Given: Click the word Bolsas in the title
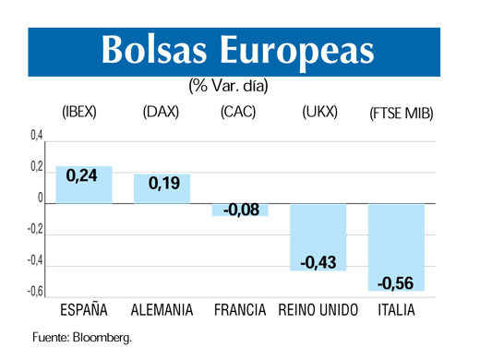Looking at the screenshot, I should click(154, 51).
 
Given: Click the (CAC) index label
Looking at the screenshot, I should click(239, 114).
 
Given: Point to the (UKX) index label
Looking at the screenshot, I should click(319, 114).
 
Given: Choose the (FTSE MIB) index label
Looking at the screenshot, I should click(402, 114).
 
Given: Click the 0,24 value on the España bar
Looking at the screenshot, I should click(82, 177).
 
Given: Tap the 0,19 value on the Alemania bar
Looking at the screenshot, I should click(163, 183).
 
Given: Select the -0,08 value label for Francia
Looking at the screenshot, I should click(241, 210).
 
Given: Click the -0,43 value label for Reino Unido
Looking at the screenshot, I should click(318, 263).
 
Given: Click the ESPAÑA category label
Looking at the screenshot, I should click(83, 310).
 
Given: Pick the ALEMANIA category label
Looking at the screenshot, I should click(162, 310).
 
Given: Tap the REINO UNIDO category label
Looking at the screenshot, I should click(318, 310).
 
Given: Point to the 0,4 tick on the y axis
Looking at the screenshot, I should click(36, 137).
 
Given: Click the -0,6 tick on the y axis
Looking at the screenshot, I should click(34, 292).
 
